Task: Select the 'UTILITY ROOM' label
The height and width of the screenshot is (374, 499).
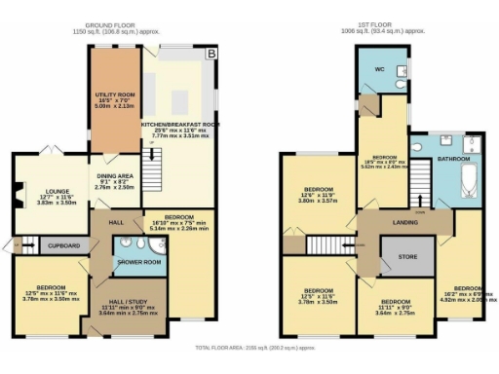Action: [114, 94]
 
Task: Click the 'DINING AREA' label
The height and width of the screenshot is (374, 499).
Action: [113, 175]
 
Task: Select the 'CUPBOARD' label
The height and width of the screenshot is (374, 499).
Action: [63, 246]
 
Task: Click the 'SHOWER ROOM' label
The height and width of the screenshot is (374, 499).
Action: [137, 263]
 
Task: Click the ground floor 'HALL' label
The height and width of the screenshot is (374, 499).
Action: [116, 222]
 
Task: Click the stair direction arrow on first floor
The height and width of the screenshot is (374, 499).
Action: [423, 180]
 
